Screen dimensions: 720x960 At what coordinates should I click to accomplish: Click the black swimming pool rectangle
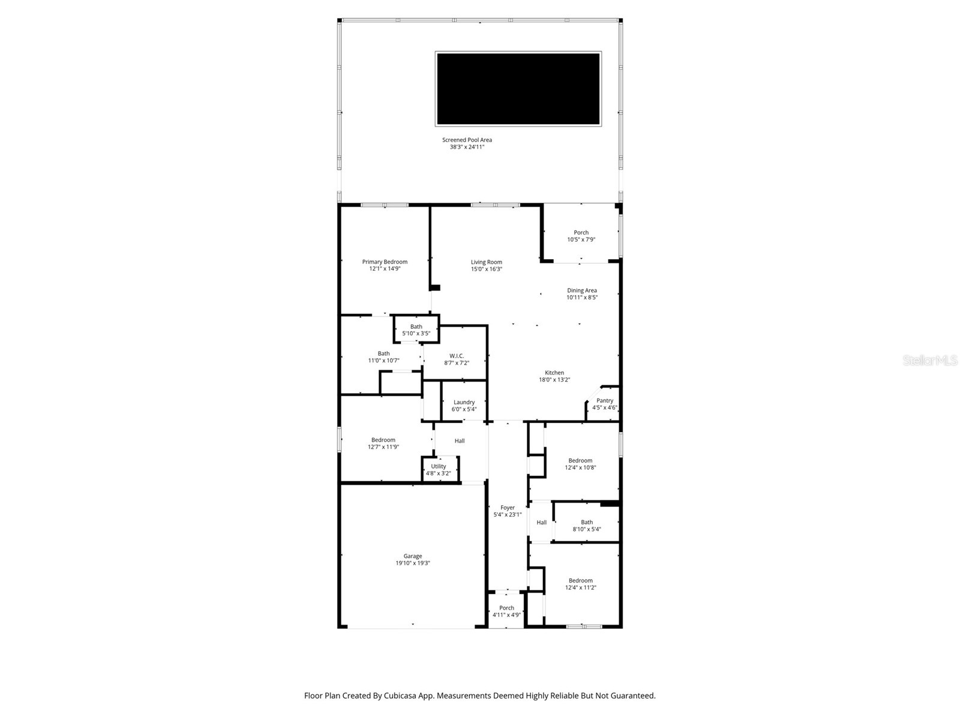518,89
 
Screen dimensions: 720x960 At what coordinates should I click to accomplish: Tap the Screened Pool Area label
467,140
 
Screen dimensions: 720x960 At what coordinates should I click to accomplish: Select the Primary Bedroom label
385,262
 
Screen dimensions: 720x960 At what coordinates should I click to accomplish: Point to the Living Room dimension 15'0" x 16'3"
486,269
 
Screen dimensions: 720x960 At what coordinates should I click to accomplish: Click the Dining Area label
581,290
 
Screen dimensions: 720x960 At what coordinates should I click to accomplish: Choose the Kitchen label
554,373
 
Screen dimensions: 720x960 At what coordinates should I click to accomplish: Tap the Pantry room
604,404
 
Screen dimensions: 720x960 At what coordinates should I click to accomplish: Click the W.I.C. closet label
457,356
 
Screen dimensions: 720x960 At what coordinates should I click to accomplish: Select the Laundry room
464,406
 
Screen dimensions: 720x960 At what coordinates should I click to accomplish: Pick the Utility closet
439,469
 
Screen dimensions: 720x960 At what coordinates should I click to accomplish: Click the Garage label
412,556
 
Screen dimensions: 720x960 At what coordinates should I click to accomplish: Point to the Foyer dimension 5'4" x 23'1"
508,515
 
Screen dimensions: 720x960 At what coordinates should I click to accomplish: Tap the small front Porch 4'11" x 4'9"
506,611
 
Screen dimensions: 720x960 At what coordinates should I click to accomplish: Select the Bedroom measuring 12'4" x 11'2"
580,584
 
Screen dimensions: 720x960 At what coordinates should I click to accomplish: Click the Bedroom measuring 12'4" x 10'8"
580,464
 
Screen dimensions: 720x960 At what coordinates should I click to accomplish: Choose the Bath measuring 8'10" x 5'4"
586,526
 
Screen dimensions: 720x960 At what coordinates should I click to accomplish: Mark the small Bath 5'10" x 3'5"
416,330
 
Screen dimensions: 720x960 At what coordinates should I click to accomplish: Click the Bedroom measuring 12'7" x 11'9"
383,443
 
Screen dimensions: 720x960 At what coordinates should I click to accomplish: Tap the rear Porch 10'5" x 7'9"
581,236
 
